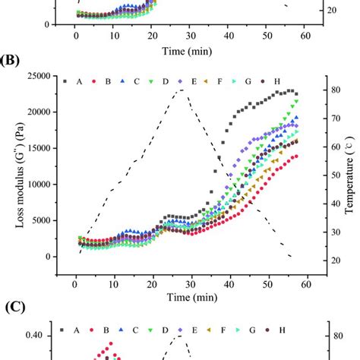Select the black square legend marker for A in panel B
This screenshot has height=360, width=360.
point(66,81)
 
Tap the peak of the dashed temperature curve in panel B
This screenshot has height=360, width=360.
point(181,90)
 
